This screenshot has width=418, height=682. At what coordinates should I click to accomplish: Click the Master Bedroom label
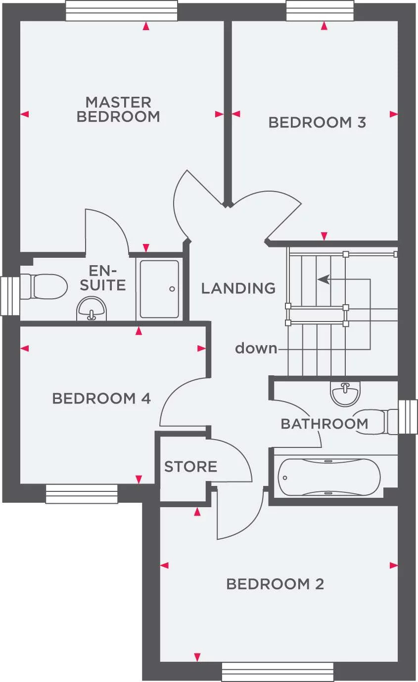[118, 110]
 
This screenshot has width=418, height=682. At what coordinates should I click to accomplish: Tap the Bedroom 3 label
[317, 122]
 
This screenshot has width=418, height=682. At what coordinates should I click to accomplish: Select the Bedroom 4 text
[101, 398]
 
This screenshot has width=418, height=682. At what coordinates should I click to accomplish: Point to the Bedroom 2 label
[275, 584]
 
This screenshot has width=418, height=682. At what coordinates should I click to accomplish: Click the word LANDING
[238, 288]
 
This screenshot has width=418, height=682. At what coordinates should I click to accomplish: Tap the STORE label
[190, 467]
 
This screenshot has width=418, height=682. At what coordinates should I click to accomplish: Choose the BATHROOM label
[325, 424]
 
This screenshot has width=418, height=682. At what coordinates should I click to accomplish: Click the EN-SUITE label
[103, 278]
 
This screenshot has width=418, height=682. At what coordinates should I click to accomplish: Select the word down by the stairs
[256, 348]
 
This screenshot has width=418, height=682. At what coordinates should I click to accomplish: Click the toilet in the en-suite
[44, 286]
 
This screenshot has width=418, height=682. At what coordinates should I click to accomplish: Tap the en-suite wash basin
[92, 309]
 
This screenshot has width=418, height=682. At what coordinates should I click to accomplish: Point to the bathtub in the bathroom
[329, 478]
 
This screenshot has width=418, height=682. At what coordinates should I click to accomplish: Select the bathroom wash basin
[345, 394]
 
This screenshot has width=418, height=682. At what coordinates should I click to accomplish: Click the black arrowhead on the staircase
[324, 279]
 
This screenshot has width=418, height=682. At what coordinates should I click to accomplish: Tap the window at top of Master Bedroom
[122, 11]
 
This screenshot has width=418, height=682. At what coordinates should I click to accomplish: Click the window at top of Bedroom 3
[320, 11]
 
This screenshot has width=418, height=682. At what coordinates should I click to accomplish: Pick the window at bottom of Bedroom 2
[278, 672]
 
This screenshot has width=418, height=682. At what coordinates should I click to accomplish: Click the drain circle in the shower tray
[172, 289]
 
